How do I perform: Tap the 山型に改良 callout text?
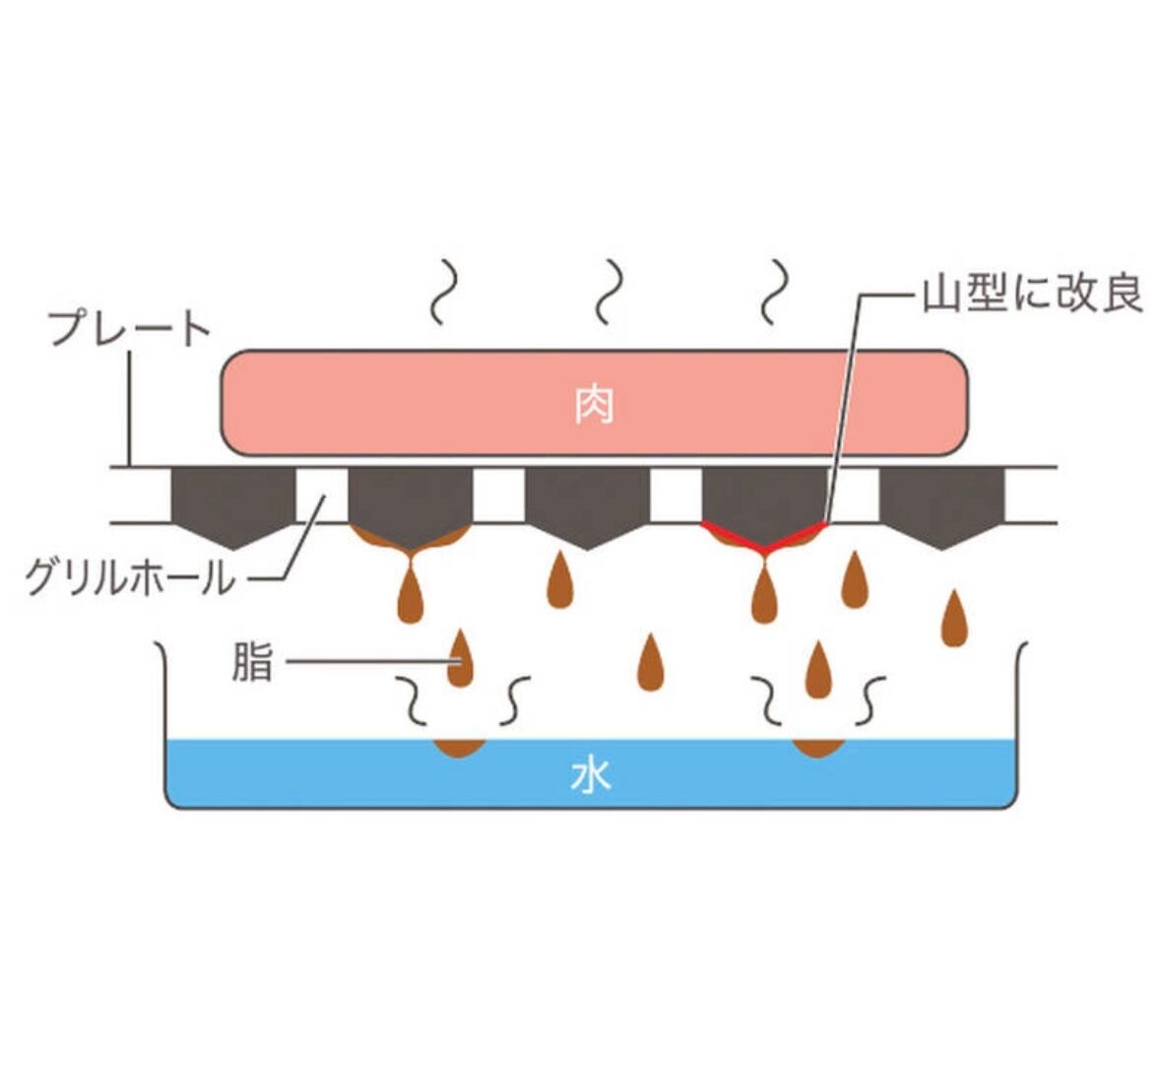pos(1031,294)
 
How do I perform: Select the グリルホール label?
pos(131,576)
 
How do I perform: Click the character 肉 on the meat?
pos(594,404)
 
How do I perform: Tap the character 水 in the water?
pos(591,775)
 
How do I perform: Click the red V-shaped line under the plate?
pos(764,537)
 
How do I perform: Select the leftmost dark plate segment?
pos(233,502)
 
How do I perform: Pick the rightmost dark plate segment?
pos(941,502)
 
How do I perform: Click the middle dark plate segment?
pos(588,502)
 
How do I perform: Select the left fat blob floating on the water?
pos(459,748)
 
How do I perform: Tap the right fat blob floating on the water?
pos(818,748)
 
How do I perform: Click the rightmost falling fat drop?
pos(951,619)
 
